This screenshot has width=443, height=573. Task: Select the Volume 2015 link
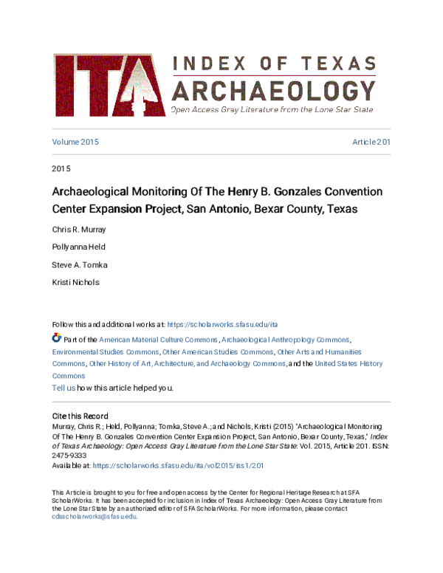(x=75, y=142)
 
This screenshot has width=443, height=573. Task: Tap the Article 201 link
(x=371, y=142)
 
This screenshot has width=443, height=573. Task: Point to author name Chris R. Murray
(x=80, y=229)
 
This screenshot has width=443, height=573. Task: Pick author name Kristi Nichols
(x=75, y=282)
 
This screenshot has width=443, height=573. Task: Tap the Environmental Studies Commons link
(x=105, y=351)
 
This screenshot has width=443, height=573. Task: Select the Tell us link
(x=63, y=388)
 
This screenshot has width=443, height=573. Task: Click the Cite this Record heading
(x=80, y=416)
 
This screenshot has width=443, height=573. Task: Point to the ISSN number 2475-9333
(x=69, y=456)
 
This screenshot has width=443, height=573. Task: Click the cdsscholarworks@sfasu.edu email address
(x=95, y=517)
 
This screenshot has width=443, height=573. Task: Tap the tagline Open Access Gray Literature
(x=272, y=109)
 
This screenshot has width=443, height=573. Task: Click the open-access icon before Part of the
(x=57, y=338)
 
